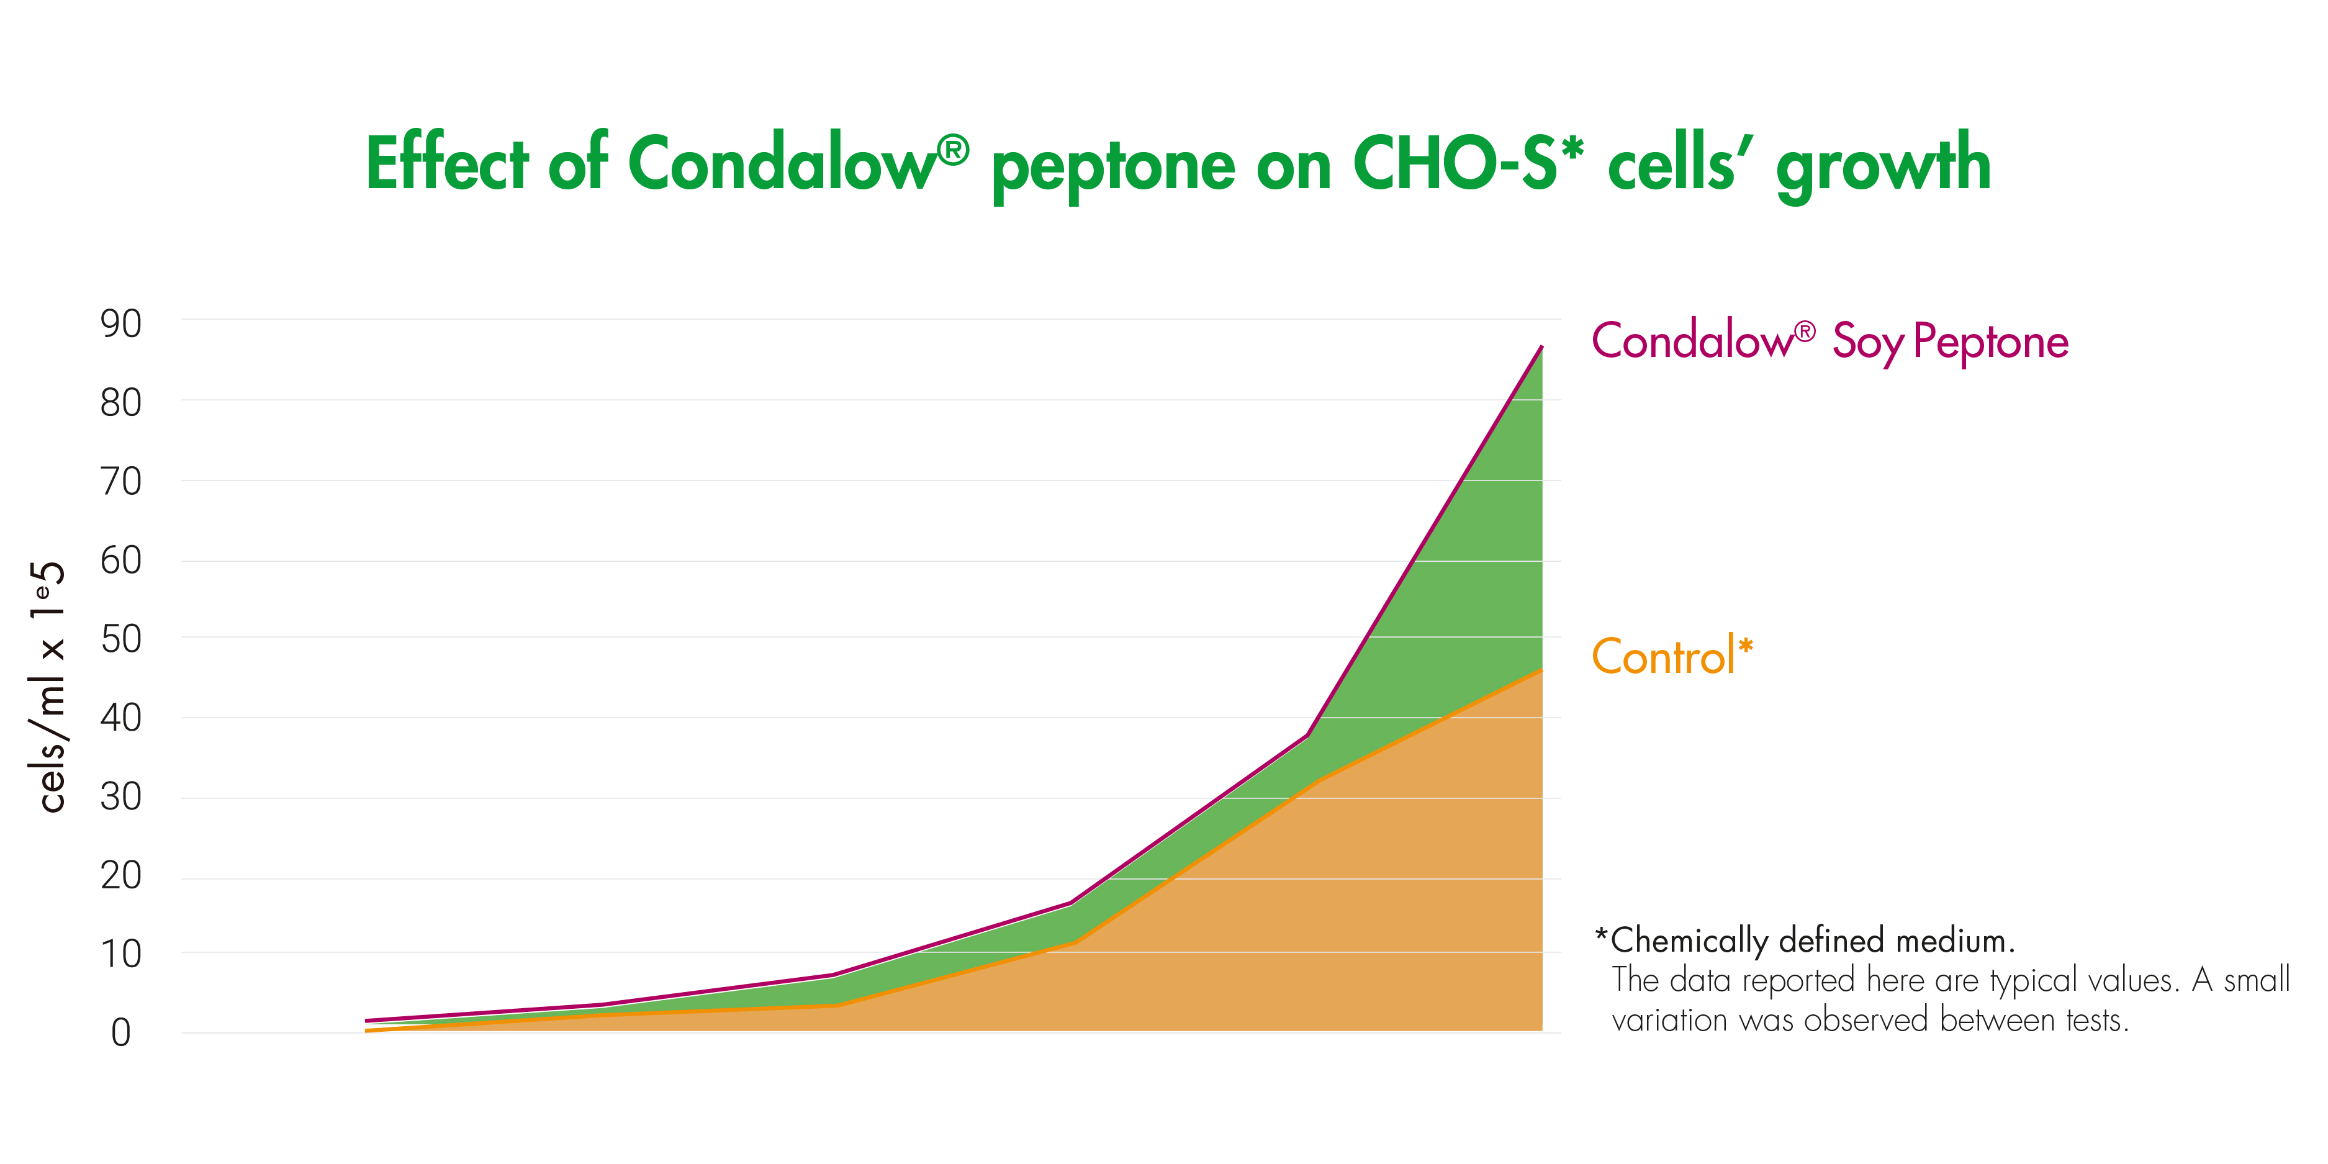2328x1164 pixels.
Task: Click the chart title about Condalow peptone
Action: [x=1178, y=165]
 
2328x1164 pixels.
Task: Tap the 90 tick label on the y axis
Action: [x=121, y=323]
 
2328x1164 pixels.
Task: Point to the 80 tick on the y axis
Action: [x=121, y=402]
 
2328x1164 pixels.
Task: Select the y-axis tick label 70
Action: [x=121, y=482]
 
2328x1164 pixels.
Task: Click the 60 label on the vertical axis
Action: [x=121, y=561]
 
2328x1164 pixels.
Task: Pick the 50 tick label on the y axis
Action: [x=121, y=639]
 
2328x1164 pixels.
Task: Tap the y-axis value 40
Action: [x=121, y=718]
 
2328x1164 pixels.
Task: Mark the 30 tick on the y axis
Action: [x=121, y=796]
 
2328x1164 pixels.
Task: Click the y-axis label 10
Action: [x=121, y=954]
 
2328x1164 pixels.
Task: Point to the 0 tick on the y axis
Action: [x=121, y=1033]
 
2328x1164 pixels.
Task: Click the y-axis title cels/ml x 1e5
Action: [x=47, y=687]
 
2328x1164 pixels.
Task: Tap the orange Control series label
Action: [x=1672, y=656]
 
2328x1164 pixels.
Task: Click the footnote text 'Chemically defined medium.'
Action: [x=1812, y=941]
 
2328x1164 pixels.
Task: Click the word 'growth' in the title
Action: [x=1884, y=166]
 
